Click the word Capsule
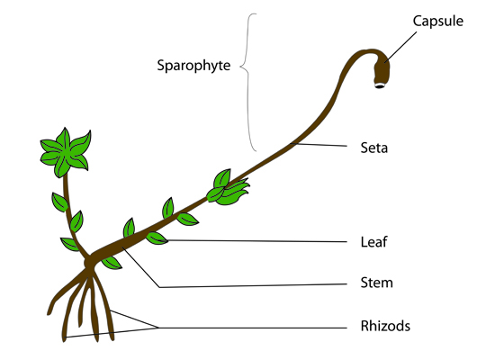click(x=438, y=22)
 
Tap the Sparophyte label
click(x=193, y=66)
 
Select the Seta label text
click(x=374, y=148)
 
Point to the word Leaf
click(x=373, y=242)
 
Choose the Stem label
click(x=376, y=283)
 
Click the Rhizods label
click(x=385, y=326)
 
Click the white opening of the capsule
click(x=380, y=85)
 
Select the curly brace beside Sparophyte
click(x=248, y=82)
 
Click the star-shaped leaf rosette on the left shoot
click(x=66, y=152)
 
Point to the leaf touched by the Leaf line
click(x=157, y=238)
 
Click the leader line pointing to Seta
click(x=319, y=145)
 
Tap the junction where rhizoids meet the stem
click(x=89, y=263)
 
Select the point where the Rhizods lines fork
click(x=157, y=328)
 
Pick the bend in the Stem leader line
click(x=159, y=287)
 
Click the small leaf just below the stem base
click(x=112, y=263)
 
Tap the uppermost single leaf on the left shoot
click(x=59, y=202)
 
